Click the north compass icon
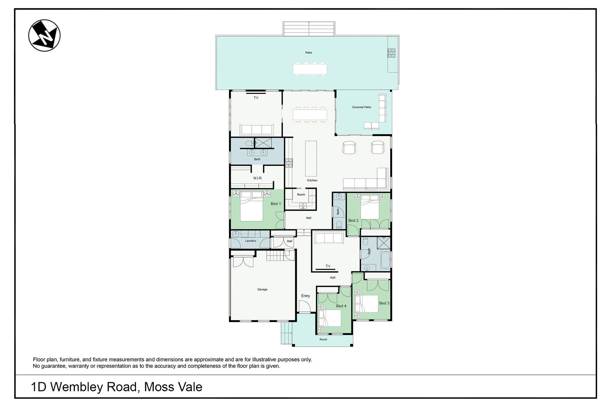click(x=44, y=35)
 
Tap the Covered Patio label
click(x=362, y=107)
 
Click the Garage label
click(x=262, y=289)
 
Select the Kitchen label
click(x=312, y=180)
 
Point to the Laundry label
click(x=250, y=241)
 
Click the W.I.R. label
click(x=258, y=178)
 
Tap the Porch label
click(x=323, y=340)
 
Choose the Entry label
click(x=305, y=296)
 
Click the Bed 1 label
click(x=276, y=204)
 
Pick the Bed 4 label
click(x=341, y=306)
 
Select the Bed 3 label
click(x=384, y=303)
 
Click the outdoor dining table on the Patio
click(x=310, y=69)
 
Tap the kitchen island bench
click(x=311, y=158)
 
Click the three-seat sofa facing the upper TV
click(x=256, y=130)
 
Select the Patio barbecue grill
click(x=391, y=53)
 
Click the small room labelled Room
click(x=301, y=199)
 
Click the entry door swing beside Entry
click(x=305, y=306)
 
